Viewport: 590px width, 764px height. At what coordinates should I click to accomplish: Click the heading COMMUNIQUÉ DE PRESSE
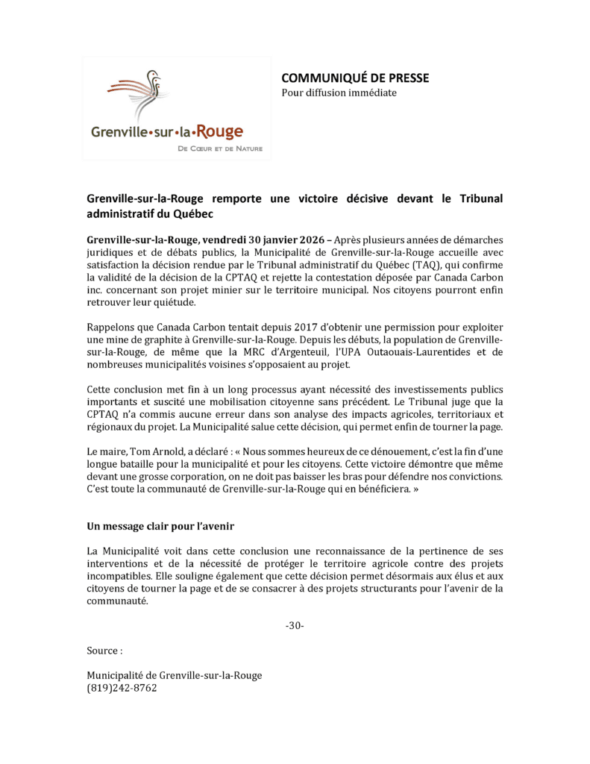(x=354, y=78)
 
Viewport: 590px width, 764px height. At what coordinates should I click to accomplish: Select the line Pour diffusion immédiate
(x=339, y=93)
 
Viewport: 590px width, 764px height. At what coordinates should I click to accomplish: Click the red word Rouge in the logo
(x=220, y=132)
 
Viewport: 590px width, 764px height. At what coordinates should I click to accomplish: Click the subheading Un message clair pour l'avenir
(x=161, y=526)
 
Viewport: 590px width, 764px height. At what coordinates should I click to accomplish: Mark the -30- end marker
(x=295, y=625)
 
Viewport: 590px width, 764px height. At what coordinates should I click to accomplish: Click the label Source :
(x=104, y=651)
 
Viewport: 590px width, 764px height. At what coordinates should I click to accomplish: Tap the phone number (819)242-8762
(x=122, y=689)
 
